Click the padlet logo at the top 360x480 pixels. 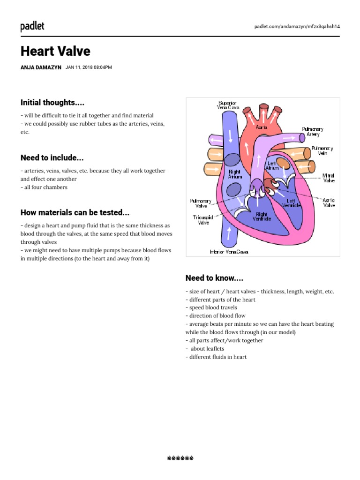coord(32,26)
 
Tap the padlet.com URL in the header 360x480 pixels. coord(297,26)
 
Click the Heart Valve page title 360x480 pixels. coord(55,51)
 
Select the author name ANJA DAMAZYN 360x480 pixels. coord(41,67)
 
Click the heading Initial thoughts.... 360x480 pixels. coord(52,102)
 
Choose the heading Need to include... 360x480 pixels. coord(52,157)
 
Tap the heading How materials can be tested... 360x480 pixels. coord(75,212)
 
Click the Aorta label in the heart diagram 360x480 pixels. coord(262,127)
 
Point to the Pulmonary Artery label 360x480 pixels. coord(313,131)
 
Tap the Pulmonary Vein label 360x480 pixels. coord(322,151)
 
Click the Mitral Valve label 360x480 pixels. coord(328,178)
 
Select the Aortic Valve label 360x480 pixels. coord(329,202)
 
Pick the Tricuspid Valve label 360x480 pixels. coord(203,220)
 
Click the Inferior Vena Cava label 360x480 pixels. coord(229,252)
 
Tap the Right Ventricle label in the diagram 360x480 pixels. coord(262,216)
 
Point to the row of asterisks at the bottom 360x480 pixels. coord(180,458)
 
